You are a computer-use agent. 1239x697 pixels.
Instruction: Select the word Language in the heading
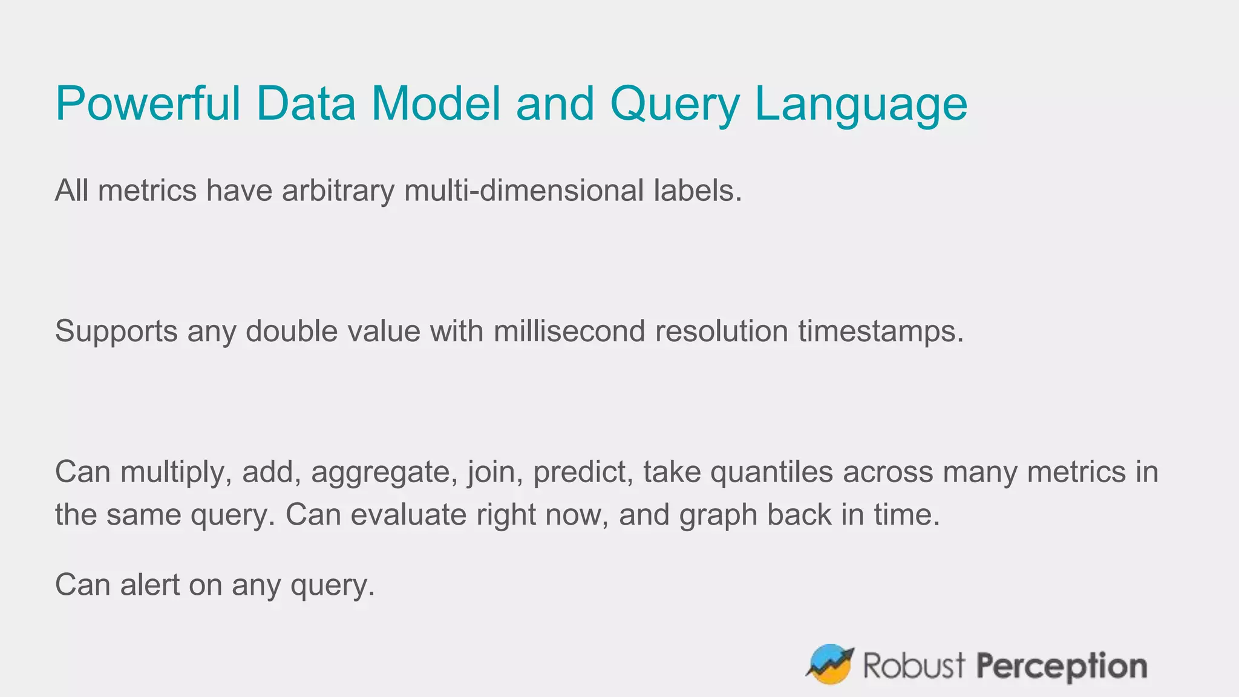coord(861,104)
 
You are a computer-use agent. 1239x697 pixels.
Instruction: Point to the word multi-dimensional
coord(524,191)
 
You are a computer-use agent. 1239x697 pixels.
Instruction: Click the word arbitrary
coord(338,191)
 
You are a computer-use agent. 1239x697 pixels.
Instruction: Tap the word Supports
coord(116,332)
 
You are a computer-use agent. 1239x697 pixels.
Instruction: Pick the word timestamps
coord(880,332)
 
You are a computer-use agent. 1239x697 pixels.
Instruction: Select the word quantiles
coord(771,473)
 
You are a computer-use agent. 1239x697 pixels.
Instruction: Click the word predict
coord(583,473)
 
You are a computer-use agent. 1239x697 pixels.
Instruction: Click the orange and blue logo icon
coord(829,664)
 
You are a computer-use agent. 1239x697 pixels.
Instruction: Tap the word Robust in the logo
coord(914,666)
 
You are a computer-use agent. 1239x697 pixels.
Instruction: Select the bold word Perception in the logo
coord(1062,666)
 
